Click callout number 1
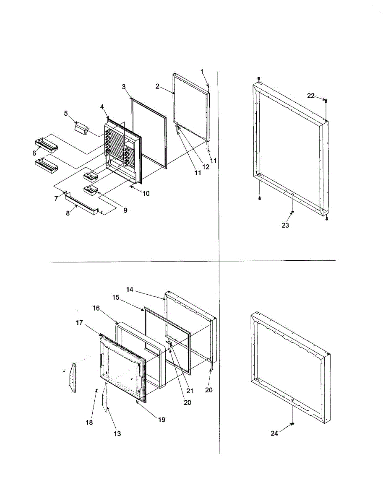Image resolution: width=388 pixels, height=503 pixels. [202, 72]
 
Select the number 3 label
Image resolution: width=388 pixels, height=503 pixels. [124, 87]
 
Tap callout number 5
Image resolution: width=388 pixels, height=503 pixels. [66, 114]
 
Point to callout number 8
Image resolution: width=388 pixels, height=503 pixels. [68, 213]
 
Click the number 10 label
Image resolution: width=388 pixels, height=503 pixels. [146, 194]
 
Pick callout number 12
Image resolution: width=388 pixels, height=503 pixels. [206, 167]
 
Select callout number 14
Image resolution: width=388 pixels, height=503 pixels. [130, 289]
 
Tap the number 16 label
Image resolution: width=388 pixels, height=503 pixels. [96, 308]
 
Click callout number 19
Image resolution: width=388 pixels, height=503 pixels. [161, 420]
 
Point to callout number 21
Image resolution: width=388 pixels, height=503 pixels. [190, 391]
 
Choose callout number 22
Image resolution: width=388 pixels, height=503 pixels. [311, 96]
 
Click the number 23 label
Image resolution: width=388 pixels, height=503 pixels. [285, 225]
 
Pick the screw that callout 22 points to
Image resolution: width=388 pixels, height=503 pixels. [326, 101]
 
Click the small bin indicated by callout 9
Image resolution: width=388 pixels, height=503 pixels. [91, 190]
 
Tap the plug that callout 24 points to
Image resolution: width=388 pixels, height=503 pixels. [292, 424]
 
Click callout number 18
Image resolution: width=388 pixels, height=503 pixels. [89, 423]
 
